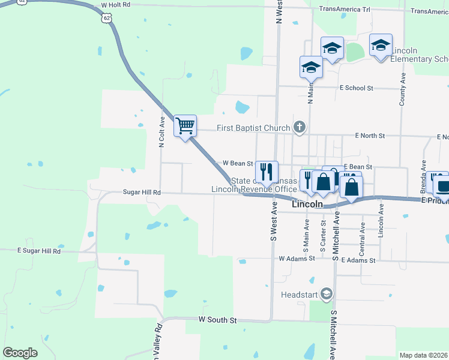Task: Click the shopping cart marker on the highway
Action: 185,126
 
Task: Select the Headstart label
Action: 300,295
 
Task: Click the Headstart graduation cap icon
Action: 326,294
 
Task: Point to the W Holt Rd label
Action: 116,5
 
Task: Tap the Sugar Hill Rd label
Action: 142,193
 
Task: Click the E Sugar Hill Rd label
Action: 39,251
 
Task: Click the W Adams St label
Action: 297,259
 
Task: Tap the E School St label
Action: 356,88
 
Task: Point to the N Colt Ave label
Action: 161,131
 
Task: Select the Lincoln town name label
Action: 307,205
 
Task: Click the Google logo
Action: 20,353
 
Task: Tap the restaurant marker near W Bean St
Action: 266,172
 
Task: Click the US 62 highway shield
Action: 106,18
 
